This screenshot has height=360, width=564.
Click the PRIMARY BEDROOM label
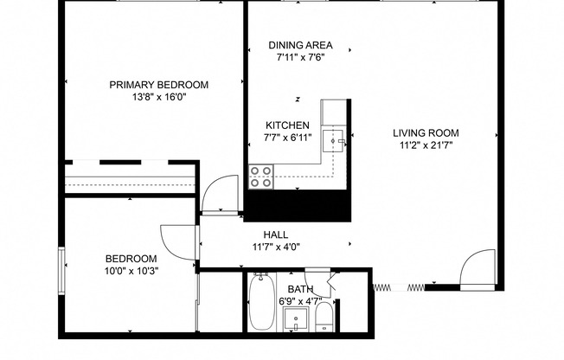tap(158, 84)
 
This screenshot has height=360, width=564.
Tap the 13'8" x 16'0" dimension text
tap(158, 97)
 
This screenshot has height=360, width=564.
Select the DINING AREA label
tap(300, 46)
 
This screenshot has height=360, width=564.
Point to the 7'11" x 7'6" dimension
tap(300, 58)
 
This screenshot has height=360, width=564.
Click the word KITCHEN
tap(286, 125)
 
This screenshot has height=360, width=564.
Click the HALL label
tap(276, 235)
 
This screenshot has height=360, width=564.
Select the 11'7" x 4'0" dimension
tap(276, 247)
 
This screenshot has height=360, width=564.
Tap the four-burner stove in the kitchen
tap(261, 177)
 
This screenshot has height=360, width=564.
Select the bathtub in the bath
tap(261, 303)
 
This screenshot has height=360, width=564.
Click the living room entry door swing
tap(477, 270)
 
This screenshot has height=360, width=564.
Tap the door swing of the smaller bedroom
tap(178, 240)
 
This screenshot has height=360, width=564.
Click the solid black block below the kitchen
tap(298, 205)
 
